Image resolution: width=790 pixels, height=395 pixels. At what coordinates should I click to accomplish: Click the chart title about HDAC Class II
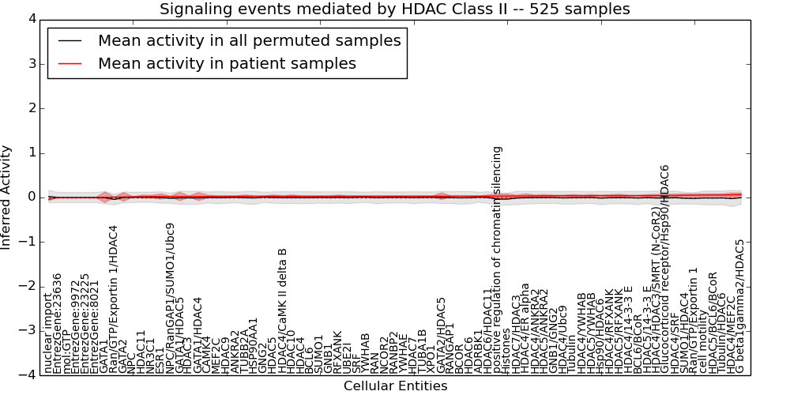394,9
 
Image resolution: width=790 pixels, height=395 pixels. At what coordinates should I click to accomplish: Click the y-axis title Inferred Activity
7,197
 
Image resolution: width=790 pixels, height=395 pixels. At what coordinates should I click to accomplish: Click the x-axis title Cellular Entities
395,386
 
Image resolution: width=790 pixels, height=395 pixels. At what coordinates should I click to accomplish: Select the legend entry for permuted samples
249,41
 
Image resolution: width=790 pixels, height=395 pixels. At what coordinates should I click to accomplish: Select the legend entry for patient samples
227,63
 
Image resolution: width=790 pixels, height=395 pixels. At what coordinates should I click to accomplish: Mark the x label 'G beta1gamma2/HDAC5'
740,306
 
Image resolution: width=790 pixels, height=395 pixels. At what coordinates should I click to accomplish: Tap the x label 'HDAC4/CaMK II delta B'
282,310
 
